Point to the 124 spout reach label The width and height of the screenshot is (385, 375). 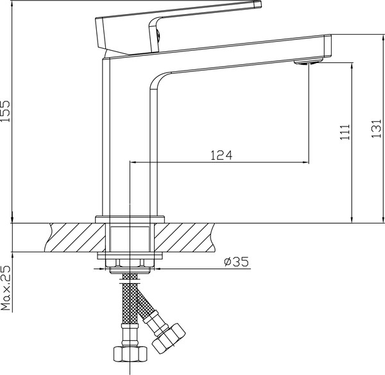coord(220,155)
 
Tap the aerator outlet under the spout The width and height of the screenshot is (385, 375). coord(306,62)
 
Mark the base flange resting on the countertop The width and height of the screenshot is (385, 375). coord(131,220)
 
